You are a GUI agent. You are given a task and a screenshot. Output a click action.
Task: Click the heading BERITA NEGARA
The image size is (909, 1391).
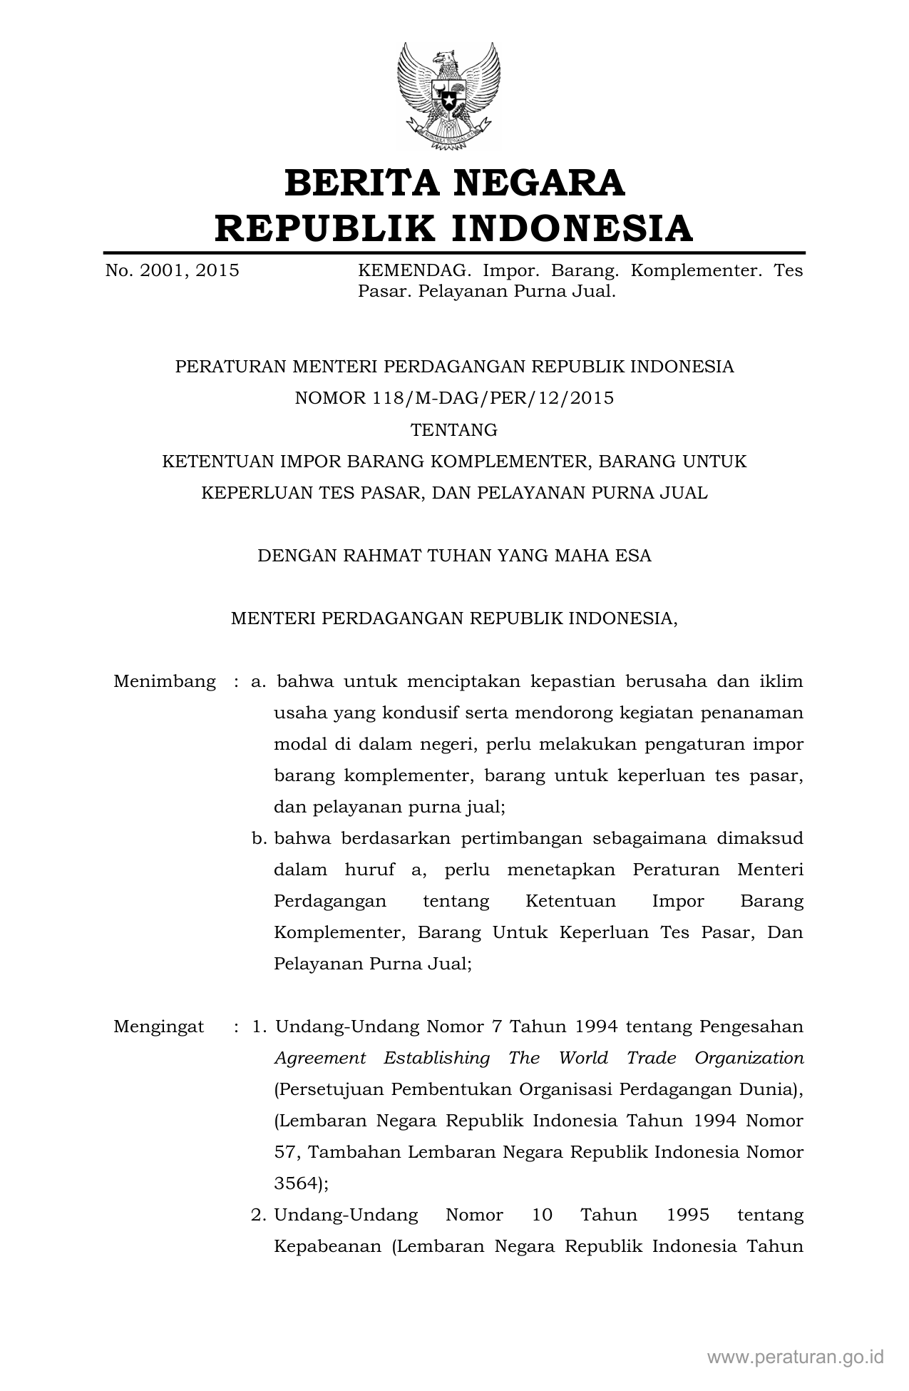[454, 183]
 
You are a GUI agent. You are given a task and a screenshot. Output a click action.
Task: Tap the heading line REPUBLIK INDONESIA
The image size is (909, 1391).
[454, 228]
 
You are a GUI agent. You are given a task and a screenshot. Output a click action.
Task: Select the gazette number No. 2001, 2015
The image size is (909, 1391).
[172, 271]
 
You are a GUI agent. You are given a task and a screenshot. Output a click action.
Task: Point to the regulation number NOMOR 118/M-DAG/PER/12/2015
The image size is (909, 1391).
[454, 398]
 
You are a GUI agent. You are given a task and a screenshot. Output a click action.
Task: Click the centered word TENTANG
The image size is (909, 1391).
[454, 430]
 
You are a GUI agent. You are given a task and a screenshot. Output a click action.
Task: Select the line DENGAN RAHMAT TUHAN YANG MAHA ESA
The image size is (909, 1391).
[454, 556]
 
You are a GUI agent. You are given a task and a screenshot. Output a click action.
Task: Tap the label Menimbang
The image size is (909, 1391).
[165, 681]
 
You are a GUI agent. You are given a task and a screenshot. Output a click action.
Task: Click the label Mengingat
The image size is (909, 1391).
[158, 1026]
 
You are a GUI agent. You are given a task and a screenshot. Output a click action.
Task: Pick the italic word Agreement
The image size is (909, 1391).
[319, 1058]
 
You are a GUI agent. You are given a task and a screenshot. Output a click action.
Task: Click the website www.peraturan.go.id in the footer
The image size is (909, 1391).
[795, 1356]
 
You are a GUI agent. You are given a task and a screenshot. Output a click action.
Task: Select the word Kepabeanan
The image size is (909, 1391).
[328, 1246]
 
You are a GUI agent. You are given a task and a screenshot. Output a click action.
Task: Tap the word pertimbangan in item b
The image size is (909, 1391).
[515, 838]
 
